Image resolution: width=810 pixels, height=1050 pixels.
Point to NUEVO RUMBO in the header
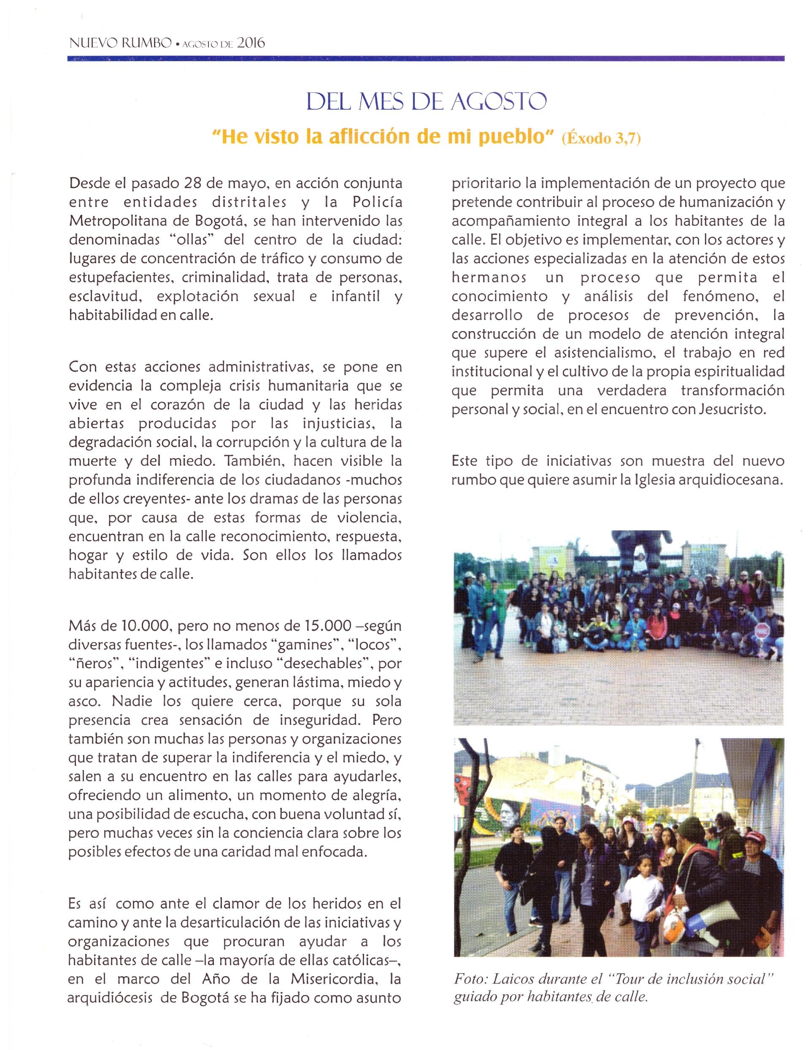120,43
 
